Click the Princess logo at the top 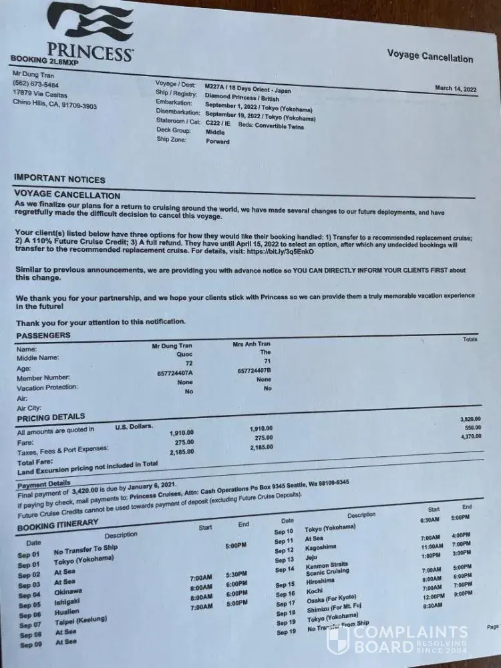click(x=90, y=32)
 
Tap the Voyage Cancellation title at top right click(x=430, y=56)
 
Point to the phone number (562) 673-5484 click(x=35, y=85)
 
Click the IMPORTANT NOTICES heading click(x=59, y=179)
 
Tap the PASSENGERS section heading click(x=43, y=335)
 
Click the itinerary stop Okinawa click(x=69, y=593)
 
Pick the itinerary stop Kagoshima click(x=325, y=550)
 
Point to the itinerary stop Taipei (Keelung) click(x=81, y=621)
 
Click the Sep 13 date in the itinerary click(x=284, y=560)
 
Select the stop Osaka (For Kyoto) click(x=330, y=597)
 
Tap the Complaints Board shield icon click(x=337, y=639)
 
